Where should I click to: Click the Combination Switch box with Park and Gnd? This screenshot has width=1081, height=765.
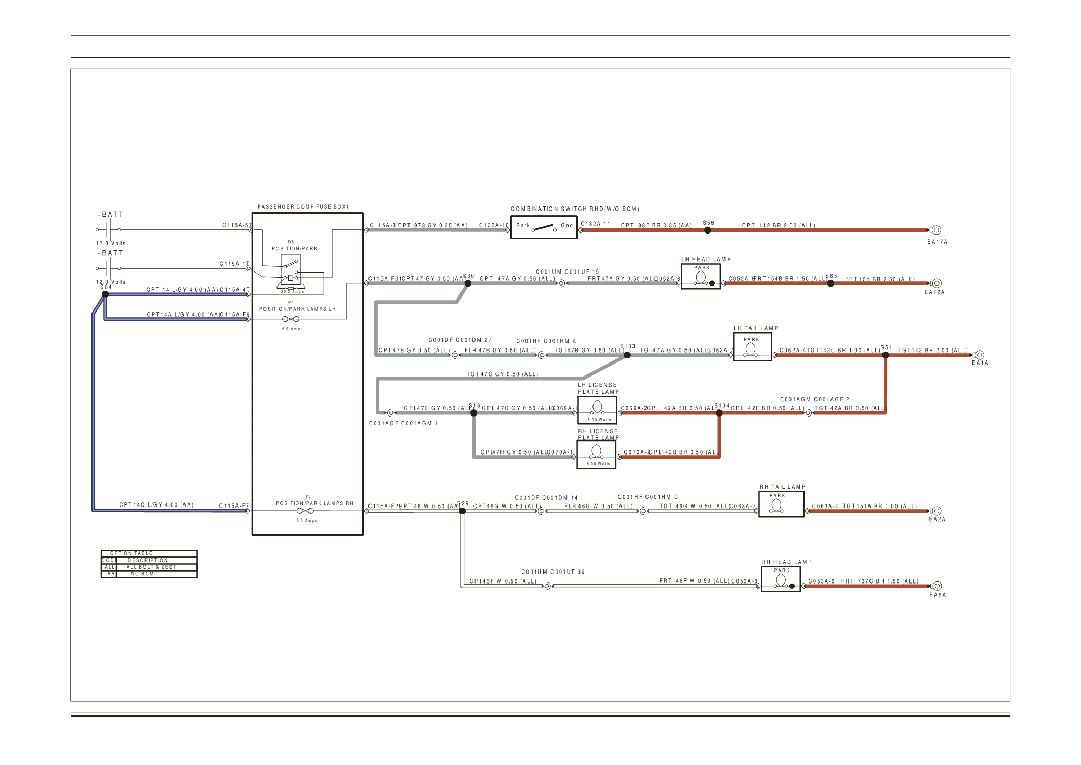pyautogui.click(x=544, y=227)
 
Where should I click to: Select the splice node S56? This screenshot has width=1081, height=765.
pyautogui.click(x=707, y=230)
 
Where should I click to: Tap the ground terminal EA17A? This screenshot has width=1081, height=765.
pyautogui.click(x=936, y=230)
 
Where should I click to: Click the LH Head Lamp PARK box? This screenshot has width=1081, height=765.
pyautogui.click(x=701, y=277)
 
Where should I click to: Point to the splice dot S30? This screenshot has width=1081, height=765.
pyautogui.click(x=468, y=283)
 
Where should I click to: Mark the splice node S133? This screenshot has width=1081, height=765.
pyautogui.click(x=627, y=355)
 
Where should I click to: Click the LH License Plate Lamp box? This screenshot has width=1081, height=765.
pyautogui.click(x=597, y=410)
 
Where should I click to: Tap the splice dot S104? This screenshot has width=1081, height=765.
pyautogui.click(x=719, y=413)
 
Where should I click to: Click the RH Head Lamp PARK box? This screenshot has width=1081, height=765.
pyautogui.click(x=781, y=579)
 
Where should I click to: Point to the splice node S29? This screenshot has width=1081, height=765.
pyautogui.click(x=462, y=511)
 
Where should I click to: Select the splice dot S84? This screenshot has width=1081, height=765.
pyautogui.click(x=105, y=294)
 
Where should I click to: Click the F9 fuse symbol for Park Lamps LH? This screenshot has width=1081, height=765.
pyautogui.click(x=291, y=319)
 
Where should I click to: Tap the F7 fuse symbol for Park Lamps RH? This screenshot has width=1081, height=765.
pyautogui.click(x=305, y=511)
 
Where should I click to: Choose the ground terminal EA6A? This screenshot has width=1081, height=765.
pyautogui.click(x=936, y=586)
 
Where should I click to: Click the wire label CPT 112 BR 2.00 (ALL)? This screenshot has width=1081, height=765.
pyautogui.click(x=779, y=225)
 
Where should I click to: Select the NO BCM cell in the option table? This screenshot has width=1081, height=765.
pyautogui.click(x=142, y=574)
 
